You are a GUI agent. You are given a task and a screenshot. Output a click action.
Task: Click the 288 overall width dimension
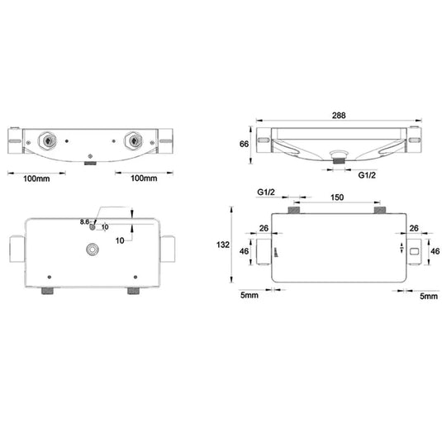coord(339,116)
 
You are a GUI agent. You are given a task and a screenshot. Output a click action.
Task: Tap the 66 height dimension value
coord(244,144)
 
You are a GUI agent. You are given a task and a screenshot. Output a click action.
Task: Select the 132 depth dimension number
coord(223,245)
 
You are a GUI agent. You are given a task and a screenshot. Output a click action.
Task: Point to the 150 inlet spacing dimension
coord(337,197)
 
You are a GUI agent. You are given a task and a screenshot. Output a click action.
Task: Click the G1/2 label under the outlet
coord(367,175)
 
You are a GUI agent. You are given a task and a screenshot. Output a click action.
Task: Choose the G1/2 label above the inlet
coord(266,192)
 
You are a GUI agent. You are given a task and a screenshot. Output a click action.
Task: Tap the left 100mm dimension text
coord(36,178)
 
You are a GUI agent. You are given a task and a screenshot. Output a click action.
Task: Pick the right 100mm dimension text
coord(144,178)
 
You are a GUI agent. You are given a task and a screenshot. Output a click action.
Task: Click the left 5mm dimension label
coord(250,295)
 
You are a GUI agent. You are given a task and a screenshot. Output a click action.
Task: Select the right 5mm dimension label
coord(429,296)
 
